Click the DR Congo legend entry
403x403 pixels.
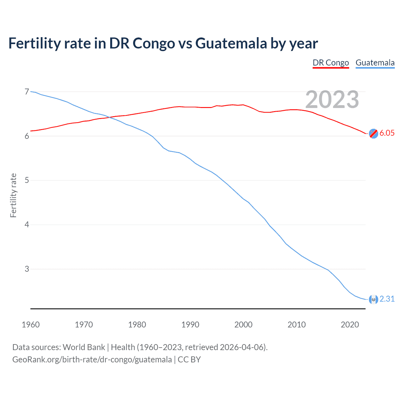point(331,63)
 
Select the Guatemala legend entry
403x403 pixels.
point(375,63)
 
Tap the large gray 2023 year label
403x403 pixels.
point(332,99)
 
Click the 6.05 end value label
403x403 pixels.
point(387,133)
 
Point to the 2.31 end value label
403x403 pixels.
point(387,299)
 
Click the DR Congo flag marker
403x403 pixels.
point(373,133)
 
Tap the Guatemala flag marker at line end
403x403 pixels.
point(373,299)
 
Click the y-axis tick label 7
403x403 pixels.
point(27,92)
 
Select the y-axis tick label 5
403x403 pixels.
point(27,180)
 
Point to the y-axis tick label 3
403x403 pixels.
point(27,269)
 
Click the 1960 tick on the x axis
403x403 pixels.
point(31,325)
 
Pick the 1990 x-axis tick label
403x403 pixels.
point(190,325)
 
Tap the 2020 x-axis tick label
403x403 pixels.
point(350,325)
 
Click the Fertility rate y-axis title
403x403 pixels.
point(13,195)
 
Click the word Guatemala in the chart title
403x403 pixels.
point(231,43)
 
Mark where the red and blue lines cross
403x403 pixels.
point(108,117)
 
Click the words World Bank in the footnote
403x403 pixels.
point(84,347)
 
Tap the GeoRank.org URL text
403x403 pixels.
point(92,360)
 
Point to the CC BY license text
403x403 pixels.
point(189,360)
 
